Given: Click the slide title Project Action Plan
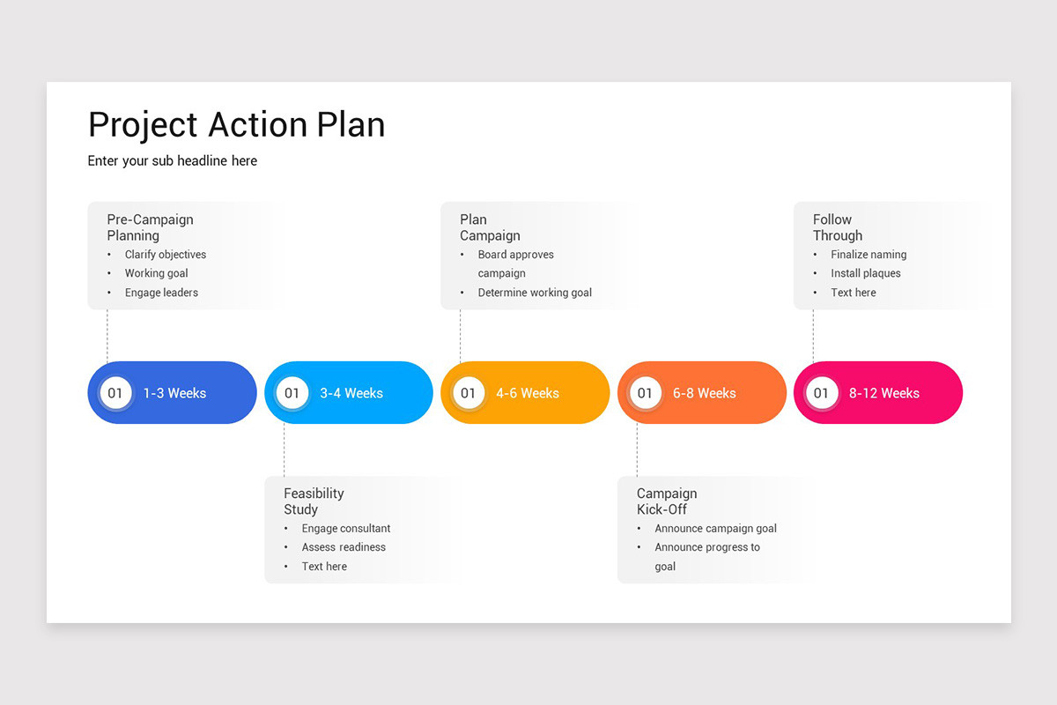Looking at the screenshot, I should [236, 125].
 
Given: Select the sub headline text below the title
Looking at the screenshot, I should [173, 160].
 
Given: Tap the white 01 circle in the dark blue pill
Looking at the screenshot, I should [115, 393].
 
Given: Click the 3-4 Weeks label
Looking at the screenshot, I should [351, 393].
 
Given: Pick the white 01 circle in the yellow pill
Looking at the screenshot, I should [468, 393].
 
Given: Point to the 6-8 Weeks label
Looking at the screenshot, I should [704, 393].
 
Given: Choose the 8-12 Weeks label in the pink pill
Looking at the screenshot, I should [883, 393].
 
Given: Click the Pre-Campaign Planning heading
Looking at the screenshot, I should [150, 227].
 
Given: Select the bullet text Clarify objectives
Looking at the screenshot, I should [166, 255].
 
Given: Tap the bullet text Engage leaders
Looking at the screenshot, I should [161, 293].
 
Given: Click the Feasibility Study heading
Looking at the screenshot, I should [314, 501].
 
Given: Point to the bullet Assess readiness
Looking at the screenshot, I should [344, 547].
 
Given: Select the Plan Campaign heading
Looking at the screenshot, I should [490, 227].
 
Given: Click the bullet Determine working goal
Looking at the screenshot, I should [535, 293].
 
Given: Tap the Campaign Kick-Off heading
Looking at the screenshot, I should [667, 501].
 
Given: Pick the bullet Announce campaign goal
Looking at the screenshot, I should [715, 529].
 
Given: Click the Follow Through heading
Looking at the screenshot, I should [837, 227].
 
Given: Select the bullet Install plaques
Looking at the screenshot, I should [866, 273].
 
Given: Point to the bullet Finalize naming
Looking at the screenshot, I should [869, 255].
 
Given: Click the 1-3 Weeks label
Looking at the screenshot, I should [174, 393].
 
